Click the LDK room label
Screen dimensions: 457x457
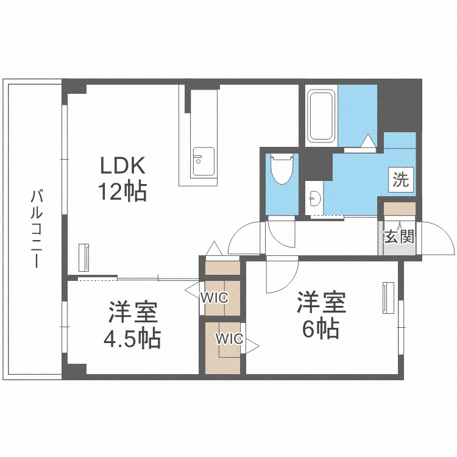pos(122,166)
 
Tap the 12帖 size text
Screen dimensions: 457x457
pos(122,192)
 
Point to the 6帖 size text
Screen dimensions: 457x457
pos(321,329)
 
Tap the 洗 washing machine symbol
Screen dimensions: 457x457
pos(401,180)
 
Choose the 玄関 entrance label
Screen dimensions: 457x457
pos(399,236)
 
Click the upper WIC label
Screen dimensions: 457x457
pos(214,298)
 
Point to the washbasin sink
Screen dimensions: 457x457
pos(314,198)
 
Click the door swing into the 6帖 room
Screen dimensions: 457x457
pos(282,274)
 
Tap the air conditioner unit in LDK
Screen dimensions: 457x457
pos(85,258)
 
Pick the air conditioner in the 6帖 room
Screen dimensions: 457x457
pos(386,297)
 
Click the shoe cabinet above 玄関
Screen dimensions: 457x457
pos(399,208)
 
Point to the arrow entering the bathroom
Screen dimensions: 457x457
pos(369,141)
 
